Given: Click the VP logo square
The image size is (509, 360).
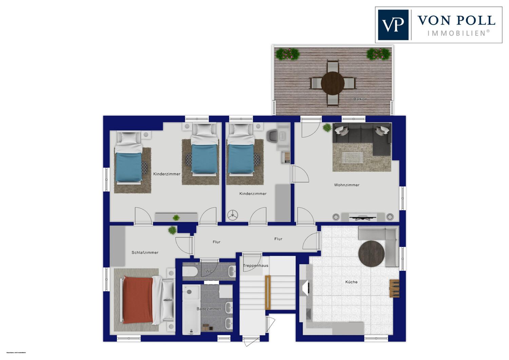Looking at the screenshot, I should pyautogui.click(x=393, y=25).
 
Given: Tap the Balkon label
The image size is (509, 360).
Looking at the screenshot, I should pyautogui.click(x=360, y=99).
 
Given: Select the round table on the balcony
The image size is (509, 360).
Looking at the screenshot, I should pyautogui.click(x=333, y=83).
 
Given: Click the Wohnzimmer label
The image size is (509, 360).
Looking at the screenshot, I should pyautogui.click(x=346, y=185).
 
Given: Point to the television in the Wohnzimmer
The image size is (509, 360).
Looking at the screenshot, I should pyautogui.click(x=363, y=218).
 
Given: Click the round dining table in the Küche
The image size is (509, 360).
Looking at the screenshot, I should pyautogui.click(x=371, y=254).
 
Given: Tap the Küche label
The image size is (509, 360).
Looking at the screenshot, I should pyautogui.click(x=351, y=282).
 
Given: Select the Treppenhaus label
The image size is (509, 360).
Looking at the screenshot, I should pyautogui.click(x=256, y=266).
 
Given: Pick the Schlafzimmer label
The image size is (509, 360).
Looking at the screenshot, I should pyautogui.click(x=145, y=253).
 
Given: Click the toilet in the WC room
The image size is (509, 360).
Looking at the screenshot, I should pyautogui.click(x=190, y=272).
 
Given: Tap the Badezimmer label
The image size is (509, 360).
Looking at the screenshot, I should pyautogui.click(x=209, y=309).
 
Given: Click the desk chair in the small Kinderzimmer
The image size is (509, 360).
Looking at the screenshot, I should pyautogui.click(x=272, y=136).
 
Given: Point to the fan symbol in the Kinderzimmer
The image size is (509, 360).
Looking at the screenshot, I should pyautogui.click(x=232, y=215).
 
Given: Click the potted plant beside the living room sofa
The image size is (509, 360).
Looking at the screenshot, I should pyautogui.click(x=327, y=128).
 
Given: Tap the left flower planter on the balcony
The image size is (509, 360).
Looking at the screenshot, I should pyautogui.click(x=288, y=54).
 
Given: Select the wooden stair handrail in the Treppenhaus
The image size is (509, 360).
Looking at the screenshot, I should pyautogui.click(x=268, y=292).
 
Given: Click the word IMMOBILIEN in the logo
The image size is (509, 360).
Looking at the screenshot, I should pyautogui.click(x=458, y=33).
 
